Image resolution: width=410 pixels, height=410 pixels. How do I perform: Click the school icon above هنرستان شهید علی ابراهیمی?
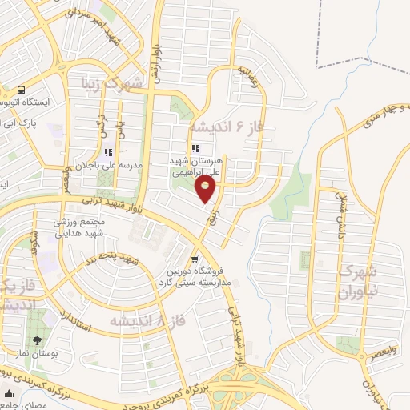pos(196,147)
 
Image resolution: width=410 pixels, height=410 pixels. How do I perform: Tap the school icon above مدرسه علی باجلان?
pos(107,152)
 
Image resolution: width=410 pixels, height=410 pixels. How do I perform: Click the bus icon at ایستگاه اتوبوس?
pos(20,90)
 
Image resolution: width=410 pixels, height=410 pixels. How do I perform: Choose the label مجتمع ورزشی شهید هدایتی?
pos(88,227)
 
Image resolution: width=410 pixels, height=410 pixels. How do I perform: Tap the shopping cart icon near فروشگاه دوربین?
pos(195,259)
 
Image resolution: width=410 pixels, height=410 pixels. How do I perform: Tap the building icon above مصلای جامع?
pos(10,394)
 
